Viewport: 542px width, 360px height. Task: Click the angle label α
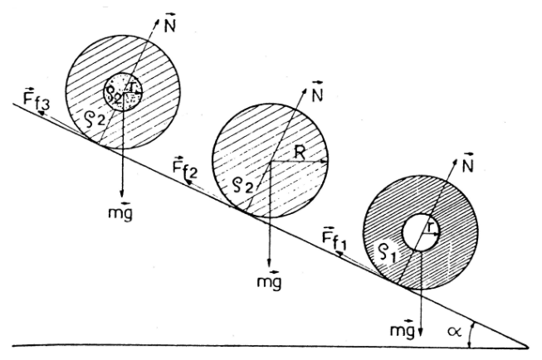pos(454,332)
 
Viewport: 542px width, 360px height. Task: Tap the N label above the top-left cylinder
pos(169,23)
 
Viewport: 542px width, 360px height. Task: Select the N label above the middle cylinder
pos(316,92)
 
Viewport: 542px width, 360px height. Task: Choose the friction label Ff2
pos(184,168)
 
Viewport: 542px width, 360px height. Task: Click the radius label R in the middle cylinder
pos(299,153)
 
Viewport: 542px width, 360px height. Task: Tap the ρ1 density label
pos(389,253)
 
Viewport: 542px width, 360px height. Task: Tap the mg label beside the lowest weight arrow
pos(402,329)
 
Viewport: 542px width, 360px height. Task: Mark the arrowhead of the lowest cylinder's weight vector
pos(420,331)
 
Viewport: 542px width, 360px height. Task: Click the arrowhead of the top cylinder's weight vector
pos(121,193)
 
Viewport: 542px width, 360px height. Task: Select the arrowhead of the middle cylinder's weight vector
pos(270,262)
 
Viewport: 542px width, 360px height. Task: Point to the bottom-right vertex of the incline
pos(528,347)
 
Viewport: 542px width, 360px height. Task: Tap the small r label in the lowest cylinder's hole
pos(429,227)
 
